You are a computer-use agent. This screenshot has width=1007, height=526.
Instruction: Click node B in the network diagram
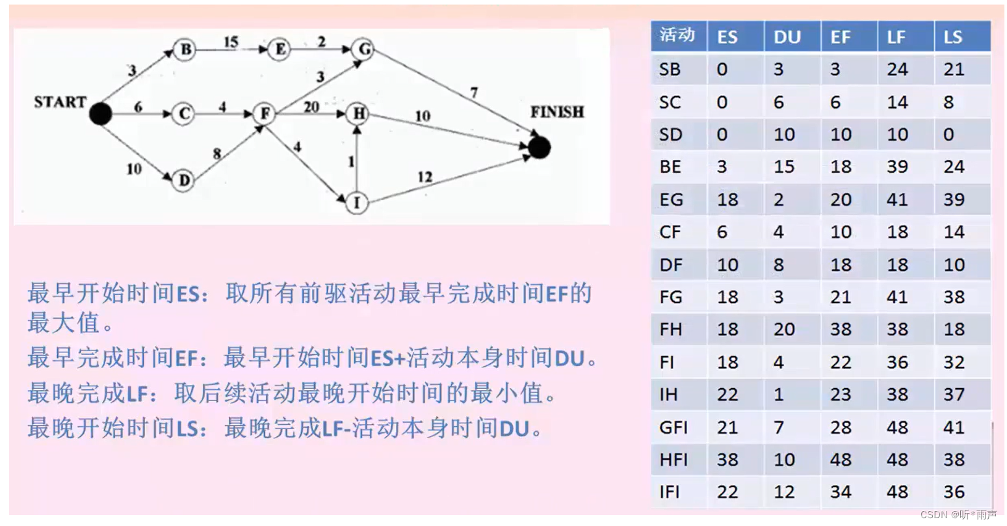[185, 49]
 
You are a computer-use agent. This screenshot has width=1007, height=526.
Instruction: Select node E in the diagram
[280, 49]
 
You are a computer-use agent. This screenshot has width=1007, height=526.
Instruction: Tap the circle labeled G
[363, 49]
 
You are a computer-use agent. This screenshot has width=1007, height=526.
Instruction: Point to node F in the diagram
[265, 114]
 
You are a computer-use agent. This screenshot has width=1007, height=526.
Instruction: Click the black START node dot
[99, 114]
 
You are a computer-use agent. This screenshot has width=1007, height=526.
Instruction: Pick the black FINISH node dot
[539, 148]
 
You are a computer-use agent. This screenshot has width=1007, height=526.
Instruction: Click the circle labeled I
[356, 203]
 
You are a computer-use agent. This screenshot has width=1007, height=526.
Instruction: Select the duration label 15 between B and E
[231, 42]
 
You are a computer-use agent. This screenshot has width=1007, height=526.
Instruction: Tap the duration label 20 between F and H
[311, 107]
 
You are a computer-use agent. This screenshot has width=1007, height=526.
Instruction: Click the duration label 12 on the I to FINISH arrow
[425, 177]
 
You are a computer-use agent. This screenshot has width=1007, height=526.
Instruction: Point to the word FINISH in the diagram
[557, 112]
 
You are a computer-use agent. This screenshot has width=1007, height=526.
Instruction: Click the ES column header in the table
[727, 37]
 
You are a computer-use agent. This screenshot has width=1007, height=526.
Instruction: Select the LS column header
[953, 37]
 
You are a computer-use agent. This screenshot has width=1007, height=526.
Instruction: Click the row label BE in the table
[670, 167]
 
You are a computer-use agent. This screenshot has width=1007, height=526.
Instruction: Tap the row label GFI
[673, 427]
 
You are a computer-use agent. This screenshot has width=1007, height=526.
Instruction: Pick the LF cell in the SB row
[897, 70]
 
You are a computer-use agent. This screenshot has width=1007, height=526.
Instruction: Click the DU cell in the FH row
[784, 330]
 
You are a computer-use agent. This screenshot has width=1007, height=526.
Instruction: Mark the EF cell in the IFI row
[841, 492]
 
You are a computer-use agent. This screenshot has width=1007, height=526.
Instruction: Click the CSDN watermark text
[958, 515]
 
